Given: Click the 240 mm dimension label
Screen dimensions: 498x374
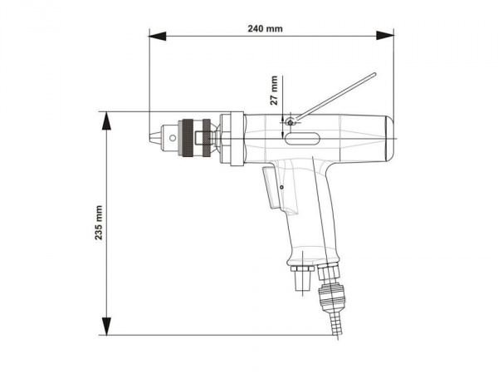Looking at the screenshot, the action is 265,28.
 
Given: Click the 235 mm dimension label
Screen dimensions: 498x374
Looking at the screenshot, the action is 99,222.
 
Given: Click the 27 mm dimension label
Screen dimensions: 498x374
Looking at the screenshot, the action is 274,91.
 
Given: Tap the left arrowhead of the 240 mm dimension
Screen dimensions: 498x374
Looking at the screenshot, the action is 157,36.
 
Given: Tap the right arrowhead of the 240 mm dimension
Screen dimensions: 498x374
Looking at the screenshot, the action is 385,36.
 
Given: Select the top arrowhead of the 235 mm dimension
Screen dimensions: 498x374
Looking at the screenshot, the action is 106,121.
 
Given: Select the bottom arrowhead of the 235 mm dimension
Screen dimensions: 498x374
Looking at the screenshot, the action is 107,326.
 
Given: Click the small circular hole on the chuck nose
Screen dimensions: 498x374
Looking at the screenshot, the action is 173,138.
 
